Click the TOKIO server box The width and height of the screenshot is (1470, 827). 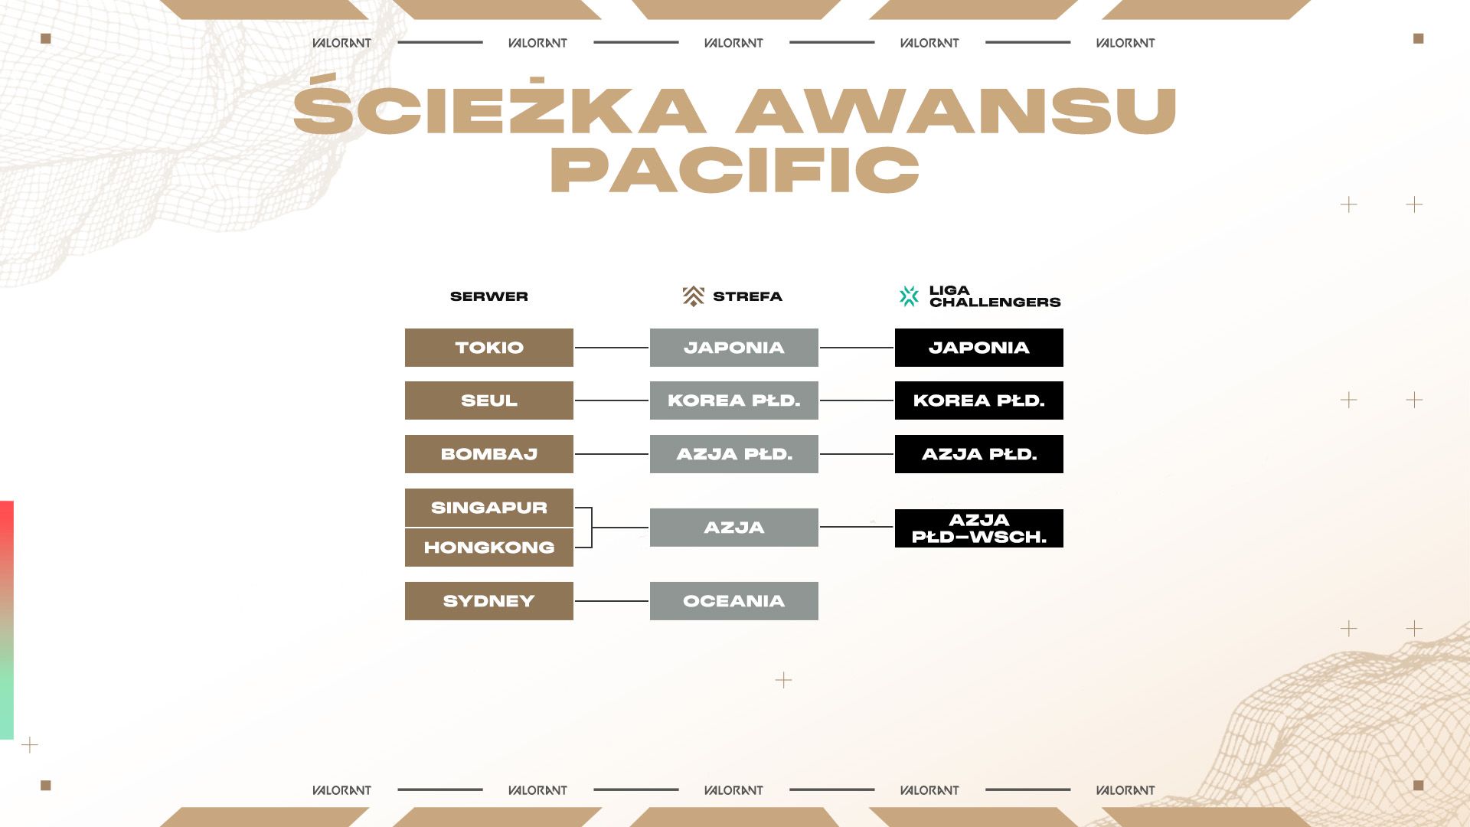click(489, 348)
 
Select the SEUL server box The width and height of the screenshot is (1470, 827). click(489, 400)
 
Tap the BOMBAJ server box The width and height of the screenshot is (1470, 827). click(489, 454)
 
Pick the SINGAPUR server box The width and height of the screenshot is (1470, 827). click(489, 508)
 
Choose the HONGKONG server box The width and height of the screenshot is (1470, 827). click(489, 548)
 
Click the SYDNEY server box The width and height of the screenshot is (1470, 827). click(489, 601)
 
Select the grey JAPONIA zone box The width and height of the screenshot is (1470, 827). click(734, 348)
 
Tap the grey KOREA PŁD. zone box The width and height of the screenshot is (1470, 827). click(734, 400)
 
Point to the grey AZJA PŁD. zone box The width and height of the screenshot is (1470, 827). click(734, 454)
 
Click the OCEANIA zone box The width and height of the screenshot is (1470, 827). click(734, 601)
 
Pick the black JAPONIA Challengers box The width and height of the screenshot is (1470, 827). click(979, 348)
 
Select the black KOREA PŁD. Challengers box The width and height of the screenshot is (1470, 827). click(979, 400)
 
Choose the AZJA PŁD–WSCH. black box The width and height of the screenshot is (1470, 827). click(979, 528)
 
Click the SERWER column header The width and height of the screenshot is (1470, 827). click(489, 296)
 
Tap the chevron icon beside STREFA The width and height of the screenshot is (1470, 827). click(694, 296)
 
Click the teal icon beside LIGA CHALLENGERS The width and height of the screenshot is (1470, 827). click(909, 296)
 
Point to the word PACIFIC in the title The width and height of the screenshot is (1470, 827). click(735, 169)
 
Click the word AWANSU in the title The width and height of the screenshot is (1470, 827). click(956, 110)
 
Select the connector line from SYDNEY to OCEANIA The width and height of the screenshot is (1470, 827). click(612, 601)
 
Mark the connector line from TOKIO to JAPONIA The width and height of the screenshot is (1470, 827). click(612, 348)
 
